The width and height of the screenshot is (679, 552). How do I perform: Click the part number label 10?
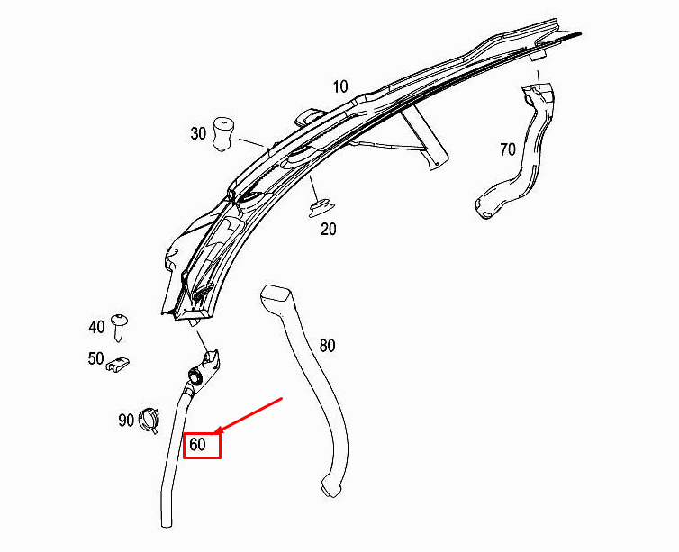340,87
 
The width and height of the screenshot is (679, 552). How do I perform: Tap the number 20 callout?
328,229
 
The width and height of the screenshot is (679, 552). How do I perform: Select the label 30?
198,133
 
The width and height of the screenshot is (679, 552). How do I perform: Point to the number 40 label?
96,327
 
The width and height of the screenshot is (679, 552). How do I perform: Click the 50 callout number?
95,358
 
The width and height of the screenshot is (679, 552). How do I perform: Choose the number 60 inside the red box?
197,444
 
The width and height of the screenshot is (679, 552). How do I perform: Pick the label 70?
508,149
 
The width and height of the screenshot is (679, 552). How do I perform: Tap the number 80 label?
327,346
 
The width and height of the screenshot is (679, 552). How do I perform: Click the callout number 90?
126,420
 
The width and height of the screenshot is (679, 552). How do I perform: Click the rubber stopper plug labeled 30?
223,134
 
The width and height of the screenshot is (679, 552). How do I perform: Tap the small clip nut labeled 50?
118,364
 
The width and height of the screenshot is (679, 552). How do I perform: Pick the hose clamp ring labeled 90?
149,420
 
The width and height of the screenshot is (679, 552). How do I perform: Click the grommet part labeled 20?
319,208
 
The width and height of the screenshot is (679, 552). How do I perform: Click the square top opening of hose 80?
276,294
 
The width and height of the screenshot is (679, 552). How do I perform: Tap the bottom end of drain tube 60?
167,524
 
